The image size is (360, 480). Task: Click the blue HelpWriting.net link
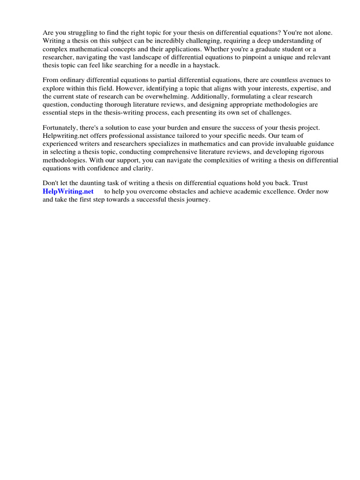pyautogui.click(x=68, y=191)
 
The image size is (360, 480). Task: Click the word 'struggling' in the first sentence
pyautogui.click(x=81, y=33)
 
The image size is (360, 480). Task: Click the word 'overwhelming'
pyautogui.click(x=171, y=97)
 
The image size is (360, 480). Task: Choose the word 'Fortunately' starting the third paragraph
pyautogui.click(x=61, y=128)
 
